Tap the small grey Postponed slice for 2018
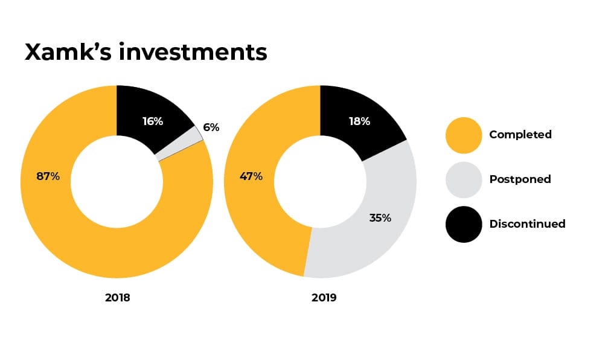click(x=195, y=138)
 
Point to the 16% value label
click(x=153, y=121)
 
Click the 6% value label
click(x=211, y=127)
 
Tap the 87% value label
click(x=48, y=176)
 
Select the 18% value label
click(x=359, y=121)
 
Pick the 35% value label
click(x=380, y=217)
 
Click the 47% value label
click(x=251, y=176)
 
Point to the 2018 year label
click(x=117, y=298)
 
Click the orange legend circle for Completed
click(x=463, y=135)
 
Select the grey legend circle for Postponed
click(x=463, y=179)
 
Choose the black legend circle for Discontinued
click(x=463, y=224)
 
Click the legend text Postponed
click(x=520, y=179)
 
